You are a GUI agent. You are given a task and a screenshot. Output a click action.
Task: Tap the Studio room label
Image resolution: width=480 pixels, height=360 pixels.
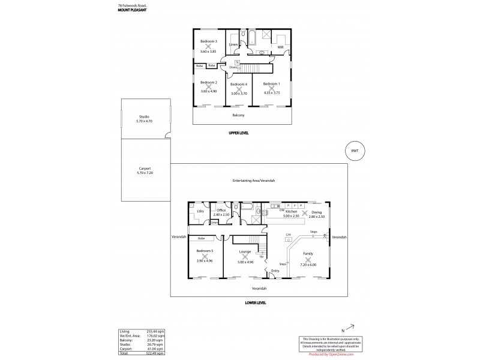pyautogui.click(x=144, y=116)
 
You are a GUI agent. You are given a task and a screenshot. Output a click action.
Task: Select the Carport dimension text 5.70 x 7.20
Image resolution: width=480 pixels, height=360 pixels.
pyautogui.click(x=145, y=173)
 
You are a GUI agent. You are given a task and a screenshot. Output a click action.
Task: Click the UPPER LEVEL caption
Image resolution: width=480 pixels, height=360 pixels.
pyautogui.click(x=238, y=133)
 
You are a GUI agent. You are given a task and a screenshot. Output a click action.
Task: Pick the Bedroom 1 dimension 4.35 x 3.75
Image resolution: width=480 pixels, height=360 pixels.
pyautogui.click(x=271, y=93)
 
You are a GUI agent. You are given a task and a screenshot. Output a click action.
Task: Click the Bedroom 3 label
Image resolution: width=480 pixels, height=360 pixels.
pyautogui.click(x=208, y=41)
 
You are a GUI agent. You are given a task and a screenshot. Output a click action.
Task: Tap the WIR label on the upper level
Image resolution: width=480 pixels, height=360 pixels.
pyautogui.click(x=280, y=46)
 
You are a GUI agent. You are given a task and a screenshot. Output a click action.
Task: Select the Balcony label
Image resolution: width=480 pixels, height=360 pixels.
pyautogui.click(x=238, y=115)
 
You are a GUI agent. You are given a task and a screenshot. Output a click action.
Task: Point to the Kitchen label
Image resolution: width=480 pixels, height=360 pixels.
pyautogui.click(x=292, y=212)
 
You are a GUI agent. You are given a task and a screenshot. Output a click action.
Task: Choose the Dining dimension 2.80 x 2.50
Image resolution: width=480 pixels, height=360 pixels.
pyautogui.click(x=316, y=217)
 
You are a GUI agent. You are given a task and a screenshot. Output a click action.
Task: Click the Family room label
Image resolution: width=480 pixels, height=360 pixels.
pyautogui.click(x=308, y=254)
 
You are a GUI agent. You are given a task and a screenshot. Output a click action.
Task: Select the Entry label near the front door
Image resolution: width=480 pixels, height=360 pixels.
pyautogui.click(x=275, y=271)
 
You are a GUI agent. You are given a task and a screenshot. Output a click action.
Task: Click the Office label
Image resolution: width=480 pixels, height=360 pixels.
pyautogui.click(x=221, y=210)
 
